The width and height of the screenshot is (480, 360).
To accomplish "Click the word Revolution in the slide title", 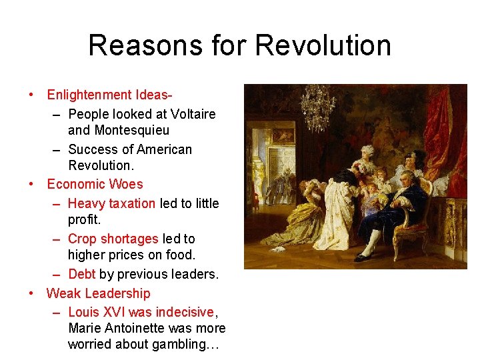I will click(323, 46).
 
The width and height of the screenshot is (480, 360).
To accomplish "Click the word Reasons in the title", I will click(137, 46).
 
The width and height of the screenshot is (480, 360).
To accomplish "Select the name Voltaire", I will click(191, 114).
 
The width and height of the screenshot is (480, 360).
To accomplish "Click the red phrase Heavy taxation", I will click(111, 203).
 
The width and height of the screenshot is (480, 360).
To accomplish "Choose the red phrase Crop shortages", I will click(113, 239).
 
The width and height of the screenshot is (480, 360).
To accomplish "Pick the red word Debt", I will click(82, 274).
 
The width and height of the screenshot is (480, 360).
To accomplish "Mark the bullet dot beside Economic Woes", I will click(31, 185).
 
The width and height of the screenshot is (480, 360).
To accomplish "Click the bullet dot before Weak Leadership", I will click(31, 293).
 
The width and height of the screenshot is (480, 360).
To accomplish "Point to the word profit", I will click(85, 219).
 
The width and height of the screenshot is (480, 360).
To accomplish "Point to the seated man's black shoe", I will click(364, 257).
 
